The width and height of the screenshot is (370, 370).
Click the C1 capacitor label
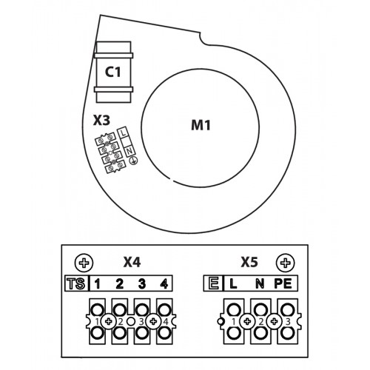click(x=113, y=72)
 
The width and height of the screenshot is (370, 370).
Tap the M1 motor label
click(x=201, y=125)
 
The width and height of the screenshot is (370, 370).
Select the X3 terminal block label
click(x=101, y=121)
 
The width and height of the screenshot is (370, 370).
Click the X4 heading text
click(x=132, y=262)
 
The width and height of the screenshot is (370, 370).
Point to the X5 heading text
click(x=249, y=262)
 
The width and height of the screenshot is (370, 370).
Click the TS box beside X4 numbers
click(x=76, y=283)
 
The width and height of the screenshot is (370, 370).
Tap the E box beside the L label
click(x=213, y=283)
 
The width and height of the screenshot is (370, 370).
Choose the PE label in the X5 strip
click(x=283, y=283)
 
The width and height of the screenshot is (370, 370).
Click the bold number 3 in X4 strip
click(x=142, y=284)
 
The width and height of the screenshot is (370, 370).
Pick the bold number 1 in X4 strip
click(x=98, y=284)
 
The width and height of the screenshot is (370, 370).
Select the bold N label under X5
click(x=259, y=283)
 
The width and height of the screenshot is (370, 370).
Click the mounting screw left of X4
click(x=84, y=263)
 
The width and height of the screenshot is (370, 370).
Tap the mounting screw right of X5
click(x=286, y=263)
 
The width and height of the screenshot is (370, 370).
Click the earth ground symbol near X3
click(x=134, y=161)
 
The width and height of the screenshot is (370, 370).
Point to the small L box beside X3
click(x=123, y=132)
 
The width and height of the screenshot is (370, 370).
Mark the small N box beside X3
click(x=129, y=151)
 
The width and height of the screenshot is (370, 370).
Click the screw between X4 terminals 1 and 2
click(x=108, y=321)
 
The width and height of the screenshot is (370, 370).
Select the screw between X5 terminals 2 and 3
click(x=275, y=321)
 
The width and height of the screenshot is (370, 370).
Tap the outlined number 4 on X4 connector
click(x=166, y=322)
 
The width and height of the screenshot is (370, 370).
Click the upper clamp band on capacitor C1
click(x=114, y=55)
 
